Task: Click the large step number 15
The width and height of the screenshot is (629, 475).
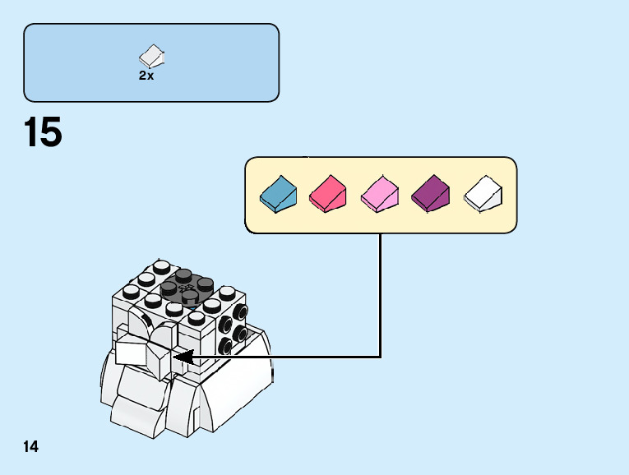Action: [x=44, y=132]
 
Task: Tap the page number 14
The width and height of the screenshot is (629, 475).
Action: [x=31, y=447]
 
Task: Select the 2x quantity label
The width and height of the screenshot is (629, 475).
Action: [x=146, y=76]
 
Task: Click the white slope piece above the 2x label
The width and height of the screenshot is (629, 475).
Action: [x=152, y=56]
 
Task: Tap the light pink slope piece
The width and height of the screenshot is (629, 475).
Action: [x=379, y=195]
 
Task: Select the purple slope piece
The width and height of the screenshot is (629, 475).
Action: [x=430, y=195]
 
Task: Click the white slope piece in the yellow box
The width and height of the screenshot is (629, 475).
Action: [x=483, y=195]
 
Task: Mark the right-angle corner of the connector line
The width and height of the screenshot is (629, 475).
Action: [x=381, y=357]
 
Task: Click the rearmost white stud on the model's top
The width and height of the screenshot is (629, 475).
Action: [x=162, y=266]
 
